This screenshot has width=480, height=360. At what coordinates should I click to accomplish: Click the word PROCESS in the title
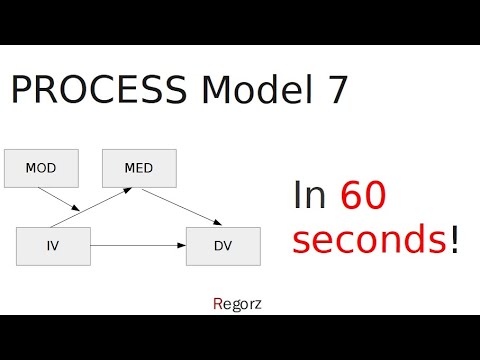(x=97, y=91)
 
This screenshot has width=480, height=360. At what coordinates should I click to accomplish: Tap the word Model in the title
(x=247, y=91)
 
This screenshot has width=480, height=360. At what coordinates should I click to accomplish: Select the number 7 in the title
(x=336, y=91)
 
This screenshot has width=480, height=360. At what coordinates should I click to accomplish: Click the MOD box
(x=41, y=168)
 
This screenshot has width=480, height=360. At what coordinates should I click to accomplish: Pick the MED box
(x=139, y=168)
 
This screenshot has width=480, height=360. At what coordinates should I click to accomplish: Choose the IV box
(x=53, y=246)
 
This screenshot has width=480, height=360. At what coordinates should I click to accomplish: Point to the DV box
(x=223, y=246)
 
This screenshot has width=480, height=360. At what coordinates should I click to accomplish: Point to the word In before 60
(x=311, y=196)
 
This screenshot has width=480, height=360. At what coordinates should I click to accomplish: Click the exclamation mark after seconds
(x=455, y=240)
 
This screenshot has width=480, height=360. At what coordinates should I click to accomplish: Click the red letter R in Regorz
(x=218, y=300)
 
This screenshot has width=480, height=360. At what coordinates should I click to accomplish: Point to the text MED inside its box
(x=139, y=168)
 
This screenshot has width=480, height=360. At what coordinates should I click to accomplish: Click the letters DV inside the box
(x=223, y=246)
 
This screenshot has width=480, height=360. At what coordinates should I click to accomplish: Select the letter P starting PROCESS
(x=21, y=91)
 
